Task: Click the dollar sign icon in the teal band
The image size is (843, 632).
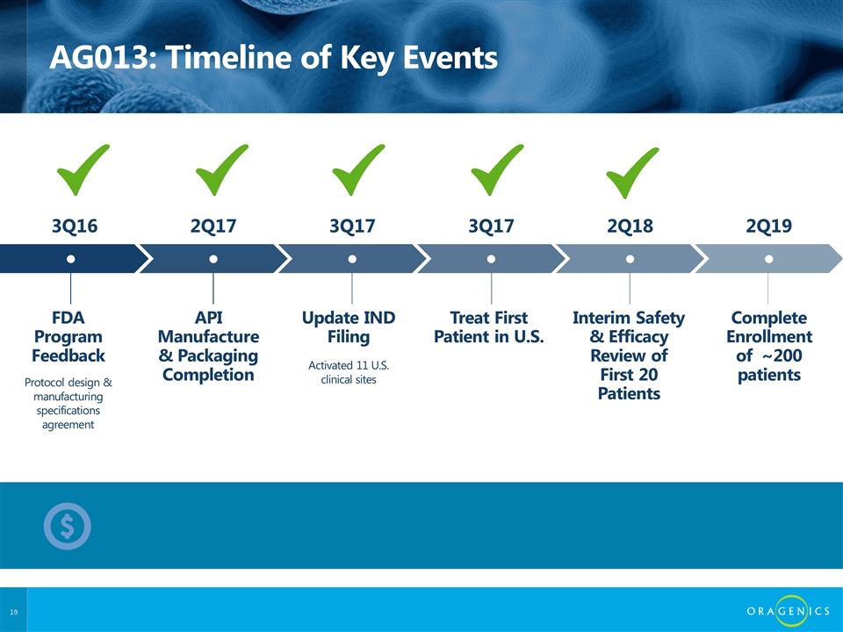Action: click(x=68, y=526)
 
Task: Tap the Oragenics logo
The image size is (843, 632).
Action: click(x=789, y=611)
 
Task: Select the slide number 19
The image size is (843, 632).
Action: click(x=13, y=612)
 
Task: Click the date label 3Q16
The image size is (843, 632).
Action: click(x=75, y=226)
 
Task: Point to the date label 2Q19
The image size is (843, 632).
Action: click(x=769, y=226)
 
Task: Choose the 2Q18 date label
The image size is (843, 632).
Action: click(x=630, y=226)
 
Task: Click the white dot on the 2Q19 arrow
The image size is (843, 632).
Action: click(x=769, y=259)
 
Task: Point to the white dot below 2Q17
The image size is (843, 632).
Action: click(x=213, y=259)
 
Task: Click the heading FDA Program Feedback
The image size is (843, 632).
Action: click(x=68, y=336)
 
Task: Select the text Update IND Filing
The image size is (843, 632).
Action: click(x=349, y=327)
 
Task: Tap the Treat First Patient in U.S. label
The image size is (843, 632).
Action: click(x=489, y=327)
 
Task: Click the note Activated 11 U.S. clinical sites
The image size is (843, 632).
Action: click(x=349, y=372)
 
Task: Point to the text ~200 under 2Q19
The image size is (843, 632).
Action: click(x=782, y=355)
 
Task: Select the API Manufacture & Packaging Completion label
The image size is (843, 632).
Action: click(x=209, y=346)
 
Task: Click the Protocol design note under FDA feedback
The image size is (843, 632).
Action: click(x=68, y=403)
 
